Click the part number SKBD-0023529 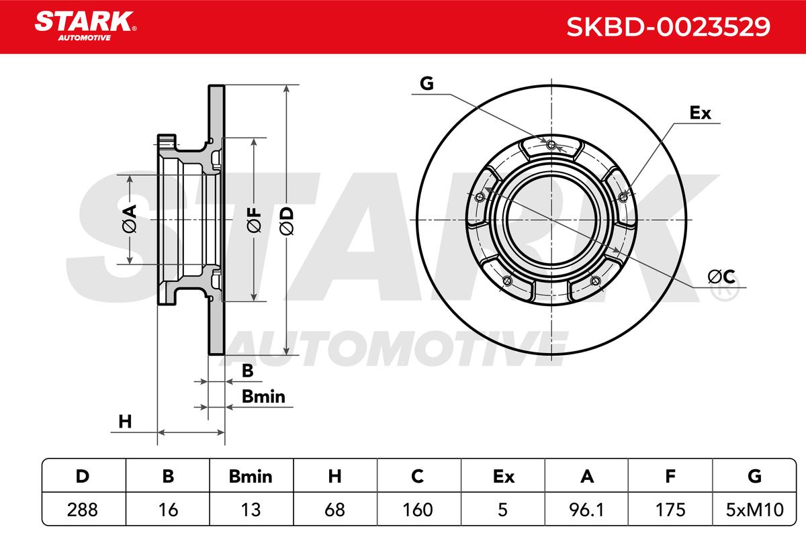pos(668,27)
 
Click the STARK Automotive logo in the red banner pos(85,26)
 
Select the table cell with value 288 pos(83,509)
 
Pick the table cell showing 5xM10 pos(754,509)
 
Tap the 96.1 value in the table pos(586,509)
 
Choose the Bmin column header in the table pos(251,477)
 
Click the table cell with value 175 pos(670,509)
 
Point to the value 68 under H pos(334,509)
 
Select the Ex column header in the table pos(503,477)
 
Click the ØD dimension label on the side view pos(287,222)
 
